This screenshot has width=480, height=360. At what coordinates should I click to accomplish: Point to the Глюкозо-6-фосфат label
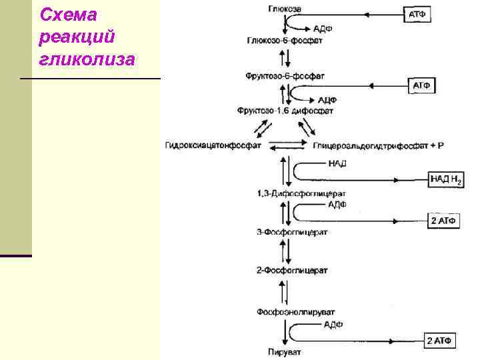point(285,40)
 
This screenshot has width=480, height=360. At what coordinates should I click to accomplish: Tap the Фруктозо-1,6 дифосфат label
point(285,109)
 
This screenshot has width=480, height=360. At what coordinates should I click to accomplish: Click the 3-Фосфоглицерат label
point(291,233)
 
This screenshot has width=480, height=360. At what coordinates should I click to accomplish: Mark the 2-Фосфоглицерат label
point(291,272)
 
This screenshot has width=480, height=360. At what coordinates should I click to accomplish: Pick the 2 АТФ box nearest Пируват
point(440,341)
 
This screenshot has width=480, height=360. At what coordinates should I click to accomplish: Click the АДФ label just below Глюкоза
point(323,29)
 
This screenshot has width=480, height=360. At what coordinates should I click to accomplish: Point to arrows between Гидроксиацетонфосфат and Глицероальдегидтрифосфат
point(287,144)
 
